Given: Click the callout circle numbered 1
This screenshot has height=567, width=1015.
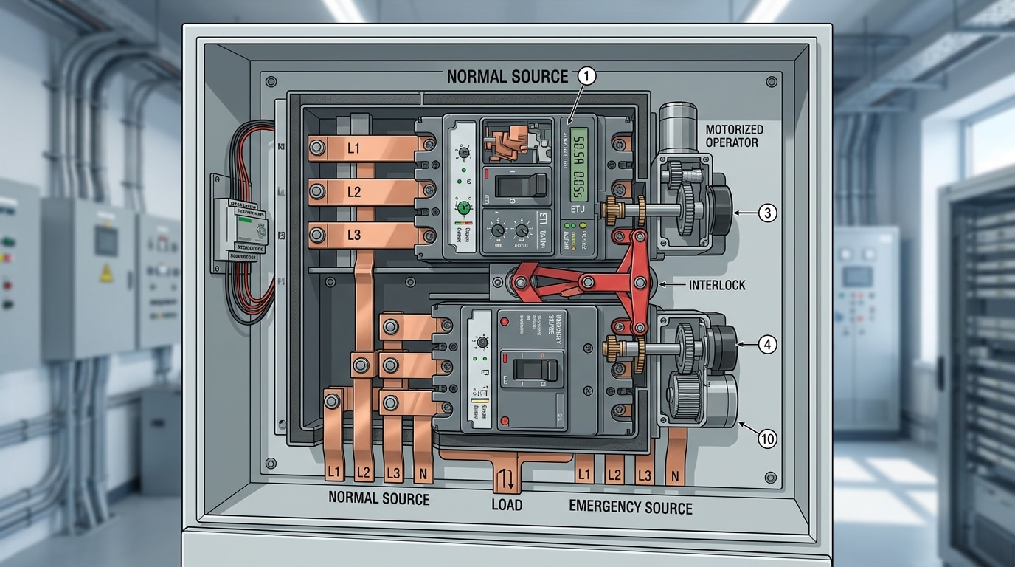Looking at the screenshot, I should pyautogui.click(x=587, y=75).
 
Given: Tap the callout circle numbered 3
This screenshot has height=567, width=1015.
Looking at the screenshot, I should pyautogui.click(x=767, y=213).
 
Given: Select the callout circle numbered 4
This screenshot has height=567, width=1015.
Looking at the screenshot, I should pyautogui.click(x=767, y=344).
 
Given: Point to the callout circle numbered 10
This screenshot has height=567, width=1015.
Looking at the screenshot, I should pyautogui.click(x=767, y=439).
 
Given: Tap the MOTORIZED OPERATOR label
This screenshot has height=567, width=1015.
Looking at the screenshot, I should pyautogui.click(x=734, y=136).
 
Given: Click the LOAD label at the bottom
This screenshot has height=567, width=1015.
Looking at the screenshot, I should pyautogui.click(x=507, y=505).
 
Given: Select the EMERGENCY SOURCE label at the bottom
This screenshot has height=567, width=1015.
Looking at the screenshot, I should pyautogui.click(x=631, y=507).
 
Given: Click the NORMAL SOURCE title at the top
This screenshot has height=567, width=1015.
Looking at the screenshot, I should pyautogui.click(x=507, y=76).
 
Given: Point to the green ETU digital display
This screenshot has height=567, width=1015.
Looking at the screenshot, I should pyautogui.click(x=581, y=163).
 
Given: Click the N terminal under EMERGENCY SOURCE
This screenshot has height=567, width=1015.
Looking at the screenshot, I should pyautogui.click(x=673, y=476).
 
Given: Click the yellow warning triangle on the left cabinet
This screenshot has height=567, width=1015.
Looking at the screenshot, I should pyautogui.click(x=106, y=275).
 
